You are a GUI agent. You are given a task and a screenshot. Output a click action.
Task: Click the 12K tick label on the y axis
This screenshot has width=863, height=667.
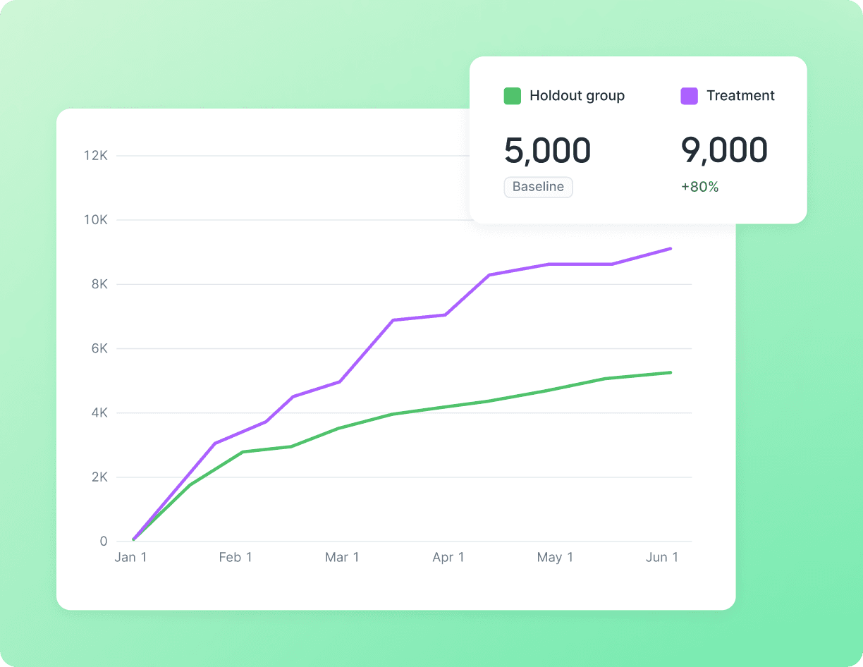tap(95, 156)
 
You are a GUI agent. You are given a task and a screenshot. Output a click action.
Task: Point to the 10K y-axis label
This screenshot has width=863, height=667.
tap(95, 220)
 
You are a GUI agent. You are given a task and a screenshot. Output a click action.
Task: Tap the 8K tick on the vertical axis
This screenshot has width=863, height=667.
tap(99, 284)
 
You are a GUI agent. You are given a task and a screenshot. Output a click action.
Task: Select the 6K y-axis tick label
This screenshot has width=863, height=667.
tap(99, 348)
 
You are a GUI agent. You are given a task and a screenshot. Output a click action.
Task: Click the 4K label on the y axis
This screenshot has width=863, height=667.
tap(99, 412)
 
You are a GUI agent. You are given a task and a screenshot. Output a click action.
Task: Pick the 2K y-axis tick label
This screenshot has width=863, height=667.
tap(99, 477)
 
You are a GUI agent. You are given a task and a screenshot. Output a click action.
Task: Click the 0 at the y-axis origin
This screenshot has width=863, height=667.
tap(104, 541)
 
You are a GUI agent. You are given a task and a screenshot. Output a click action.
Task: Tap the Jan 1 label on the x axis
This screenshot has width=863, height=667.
tap(130, 558)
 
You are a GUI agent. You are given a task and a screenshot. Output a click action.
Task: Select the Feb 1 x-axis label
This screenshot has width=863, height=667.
tap(235, 558)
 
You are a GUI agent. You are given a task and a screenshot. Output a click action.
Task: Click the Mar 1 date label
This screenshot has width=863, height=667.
tap(342, 558)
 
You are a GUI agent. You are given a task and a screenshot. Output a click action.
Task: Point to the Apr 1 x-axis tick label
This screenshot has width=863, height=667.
tap(448, 558)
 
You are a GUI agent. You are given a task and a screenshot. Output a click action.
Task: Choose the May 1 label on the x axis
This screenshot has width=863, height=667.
tap(555, 558)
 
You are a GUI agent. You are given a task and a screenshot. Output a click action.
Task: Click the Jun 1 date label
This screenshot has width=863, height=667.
tap(662, 558)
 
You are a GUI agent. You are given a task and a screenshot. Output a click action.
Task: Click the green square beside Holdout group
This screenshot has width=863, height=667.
tap(513, 96)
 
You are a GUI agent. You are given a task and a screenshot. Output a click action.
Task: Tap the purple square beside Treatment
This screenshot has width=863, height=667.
tap(690, 96)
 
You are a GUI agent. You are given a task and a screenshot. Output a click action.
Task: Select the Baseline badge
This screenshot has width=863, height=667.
tap(538, 187)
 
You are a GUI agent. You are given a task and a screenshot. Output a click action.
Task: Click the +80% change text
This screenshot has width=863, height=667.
tap(699, 187)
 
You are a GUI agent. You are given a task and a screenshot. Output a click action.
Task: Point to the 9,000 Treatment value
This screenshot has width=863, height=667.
tap(724, 150)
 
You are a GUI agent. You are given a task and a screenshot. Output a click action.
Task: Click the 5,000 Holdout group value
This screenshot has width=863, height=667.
tap(548, 150)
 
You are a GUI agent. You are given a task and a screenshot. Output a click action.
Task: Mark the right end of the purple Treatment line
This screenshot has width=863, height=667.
tap(671, 248)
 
